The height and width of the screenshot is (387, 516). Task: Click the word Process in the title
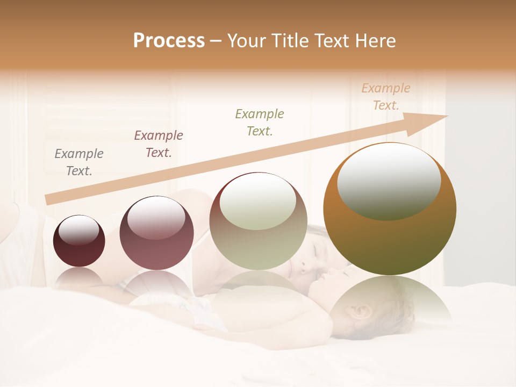tap(169, 41)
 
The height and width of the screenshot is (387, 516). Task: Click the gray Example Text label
tap(79, 162)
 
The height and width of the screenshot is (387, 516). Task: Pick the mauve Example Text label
tap(159, 144)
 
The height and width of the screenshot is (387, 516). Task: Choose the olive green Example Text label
tap(260, 122)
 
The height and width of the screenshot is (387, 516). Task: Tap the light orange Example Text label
tap(386, 97)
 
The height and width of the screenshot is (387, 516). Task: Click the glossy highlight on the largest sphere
tap(389, 182)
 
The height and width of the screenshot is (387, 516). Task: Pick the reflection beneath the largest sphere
tap(390, 301)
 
